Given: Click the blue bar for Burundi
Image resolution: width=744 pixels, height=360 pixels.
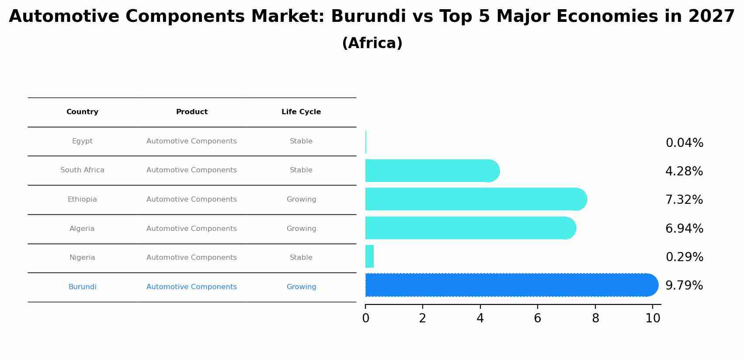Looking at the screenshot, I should pos(509,285).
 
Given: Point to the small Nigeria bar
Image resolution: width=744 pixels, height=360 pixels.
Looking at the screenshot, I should pos(369,257).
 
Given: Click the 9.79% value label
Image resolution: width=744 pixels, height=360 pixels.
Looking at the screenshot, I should pos(684,286).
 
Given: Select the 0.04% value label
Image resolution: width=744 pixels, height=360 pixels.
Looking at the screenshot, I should pos(684,143).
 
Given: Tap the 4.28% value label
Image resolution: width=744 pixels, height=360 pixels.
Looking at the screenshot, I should pos(684,171).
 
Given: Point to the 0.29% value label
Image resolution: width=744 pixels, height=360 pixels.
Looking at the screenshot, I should pos(684,257).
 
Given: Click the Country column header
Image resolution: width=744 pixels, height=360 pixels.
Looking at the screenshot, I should pos(82,112).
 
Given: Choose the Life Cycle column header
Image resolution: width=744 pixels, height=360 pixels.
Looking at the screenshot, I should pos(301,112).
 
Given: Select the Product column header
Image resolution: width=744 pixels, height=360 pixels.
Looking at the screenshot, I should pos(191,112).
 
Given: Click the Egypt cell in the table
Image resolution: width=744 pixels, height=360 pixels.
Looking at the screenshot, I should pos(82,141).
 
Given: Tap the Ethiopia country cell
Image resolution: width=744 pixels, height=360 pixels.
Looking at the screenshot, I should pos(82,199).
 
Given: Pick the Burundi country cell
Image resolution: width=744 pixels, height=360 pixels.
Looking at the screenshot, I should pos(82,287).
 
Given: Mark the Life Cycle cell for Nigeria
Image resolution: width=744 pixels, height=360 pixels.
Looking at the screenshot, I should pos(301,258).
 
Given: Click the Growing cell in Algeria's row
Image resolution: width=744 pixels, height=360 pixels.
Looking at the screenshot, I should pos(301,229).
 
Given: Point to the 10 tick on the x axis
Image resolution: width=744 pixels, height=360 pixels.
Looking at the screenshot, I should pos(653,318).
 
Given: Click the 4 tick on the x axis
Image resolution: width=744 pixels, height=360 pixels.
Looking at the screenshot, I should pos(480,318).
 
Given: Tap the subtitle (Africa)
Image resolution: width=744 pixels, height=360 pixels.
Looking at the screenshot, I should pos(372,43).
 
